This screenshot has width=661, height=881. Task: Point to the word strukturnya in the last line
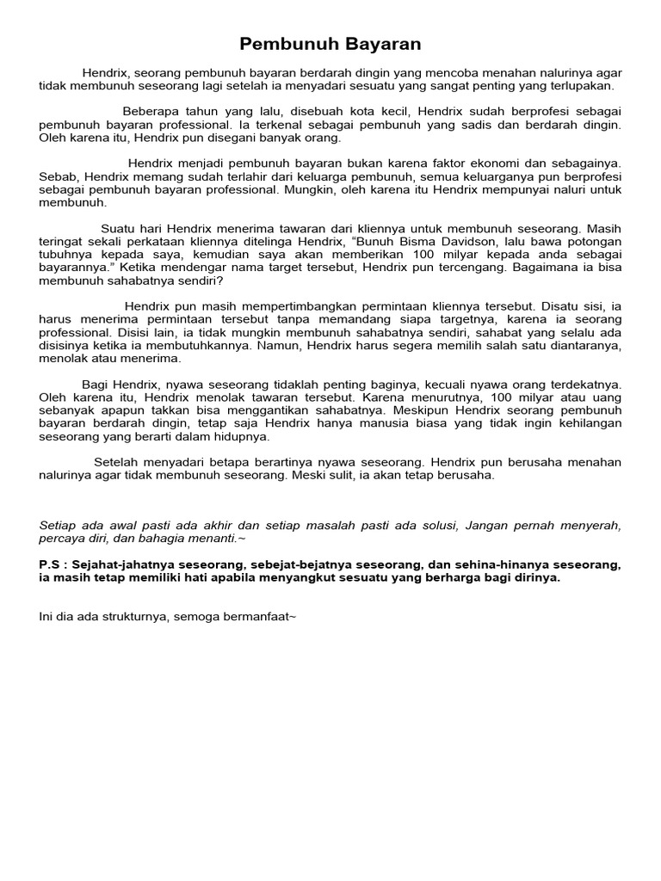[133, 616]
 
